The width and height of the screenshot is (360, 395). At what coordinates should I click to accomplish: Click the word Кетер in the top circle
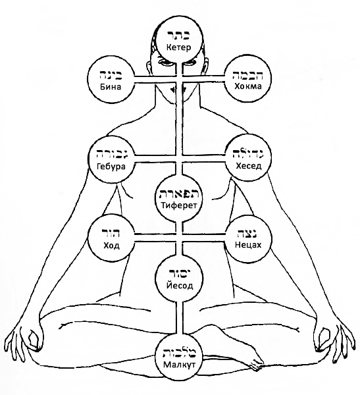pos(178,47)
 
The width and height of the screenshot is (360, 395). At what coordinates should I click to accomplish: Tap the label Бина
pos(111,87)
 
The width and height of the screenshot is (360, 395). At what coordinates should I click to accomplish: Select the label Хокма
pos(248,86)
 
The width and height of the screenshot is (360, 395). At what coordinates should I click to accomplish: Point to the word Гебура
pos(111,167)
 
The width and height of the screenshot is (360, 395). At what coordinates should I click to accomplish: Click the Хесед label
pos(249,166)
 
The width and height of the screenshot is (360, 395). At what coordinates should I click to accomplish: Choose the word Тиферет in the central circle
pos(179,205)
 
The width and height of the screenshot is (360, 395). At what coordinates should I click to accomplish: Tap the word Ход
pos(111,245)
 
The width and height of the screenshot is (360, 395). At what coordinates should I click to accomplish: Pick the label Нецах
pos(248,244)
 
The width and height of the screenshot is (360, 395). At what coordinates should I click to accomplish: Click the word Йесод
pos(180,286)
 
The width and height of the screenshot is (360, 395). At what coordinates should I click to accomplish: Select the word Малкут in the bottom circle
pos(179,364)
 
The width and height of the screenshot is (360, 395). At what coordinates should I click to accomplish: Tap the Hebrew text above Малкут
pos(179,353)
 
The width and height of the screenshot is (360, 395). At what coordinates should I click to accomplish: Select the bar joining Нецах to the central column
pos(203,238)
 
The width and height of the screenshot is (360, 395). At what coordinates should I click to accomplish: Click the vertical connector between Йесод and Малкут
pos(179,317)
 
